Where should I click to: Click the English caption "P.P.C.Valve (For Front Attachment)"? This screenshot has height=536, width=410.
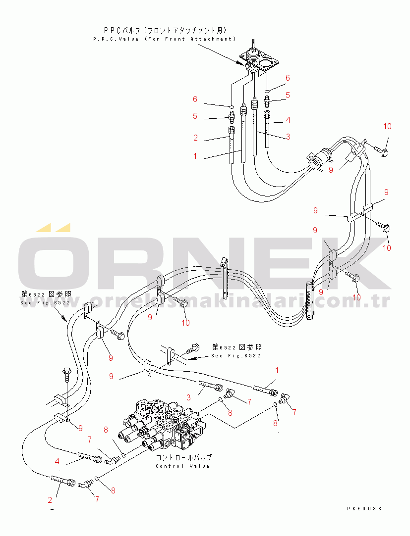[x=164, y=39]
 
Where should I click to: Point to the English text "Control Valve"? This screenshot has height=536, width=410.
[x=182, y=466]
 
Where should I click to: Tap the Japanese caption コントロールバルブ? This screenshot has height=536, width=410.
[x=183, y=457]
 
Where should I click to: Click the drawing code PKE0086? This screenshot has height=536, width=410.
[x=364, y=508]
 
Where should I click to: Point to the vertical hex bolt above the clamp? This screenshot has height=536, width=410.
[x=67, y=378]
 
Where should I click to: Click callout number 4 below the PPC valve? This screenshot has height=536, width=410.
[x=288, y=120]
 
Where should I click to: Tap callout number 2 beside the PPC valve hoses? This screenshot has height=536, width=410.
[x=196, y=138]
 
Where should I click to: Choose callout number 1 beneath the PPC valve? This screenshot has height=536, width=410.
[x=195, y=156]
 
